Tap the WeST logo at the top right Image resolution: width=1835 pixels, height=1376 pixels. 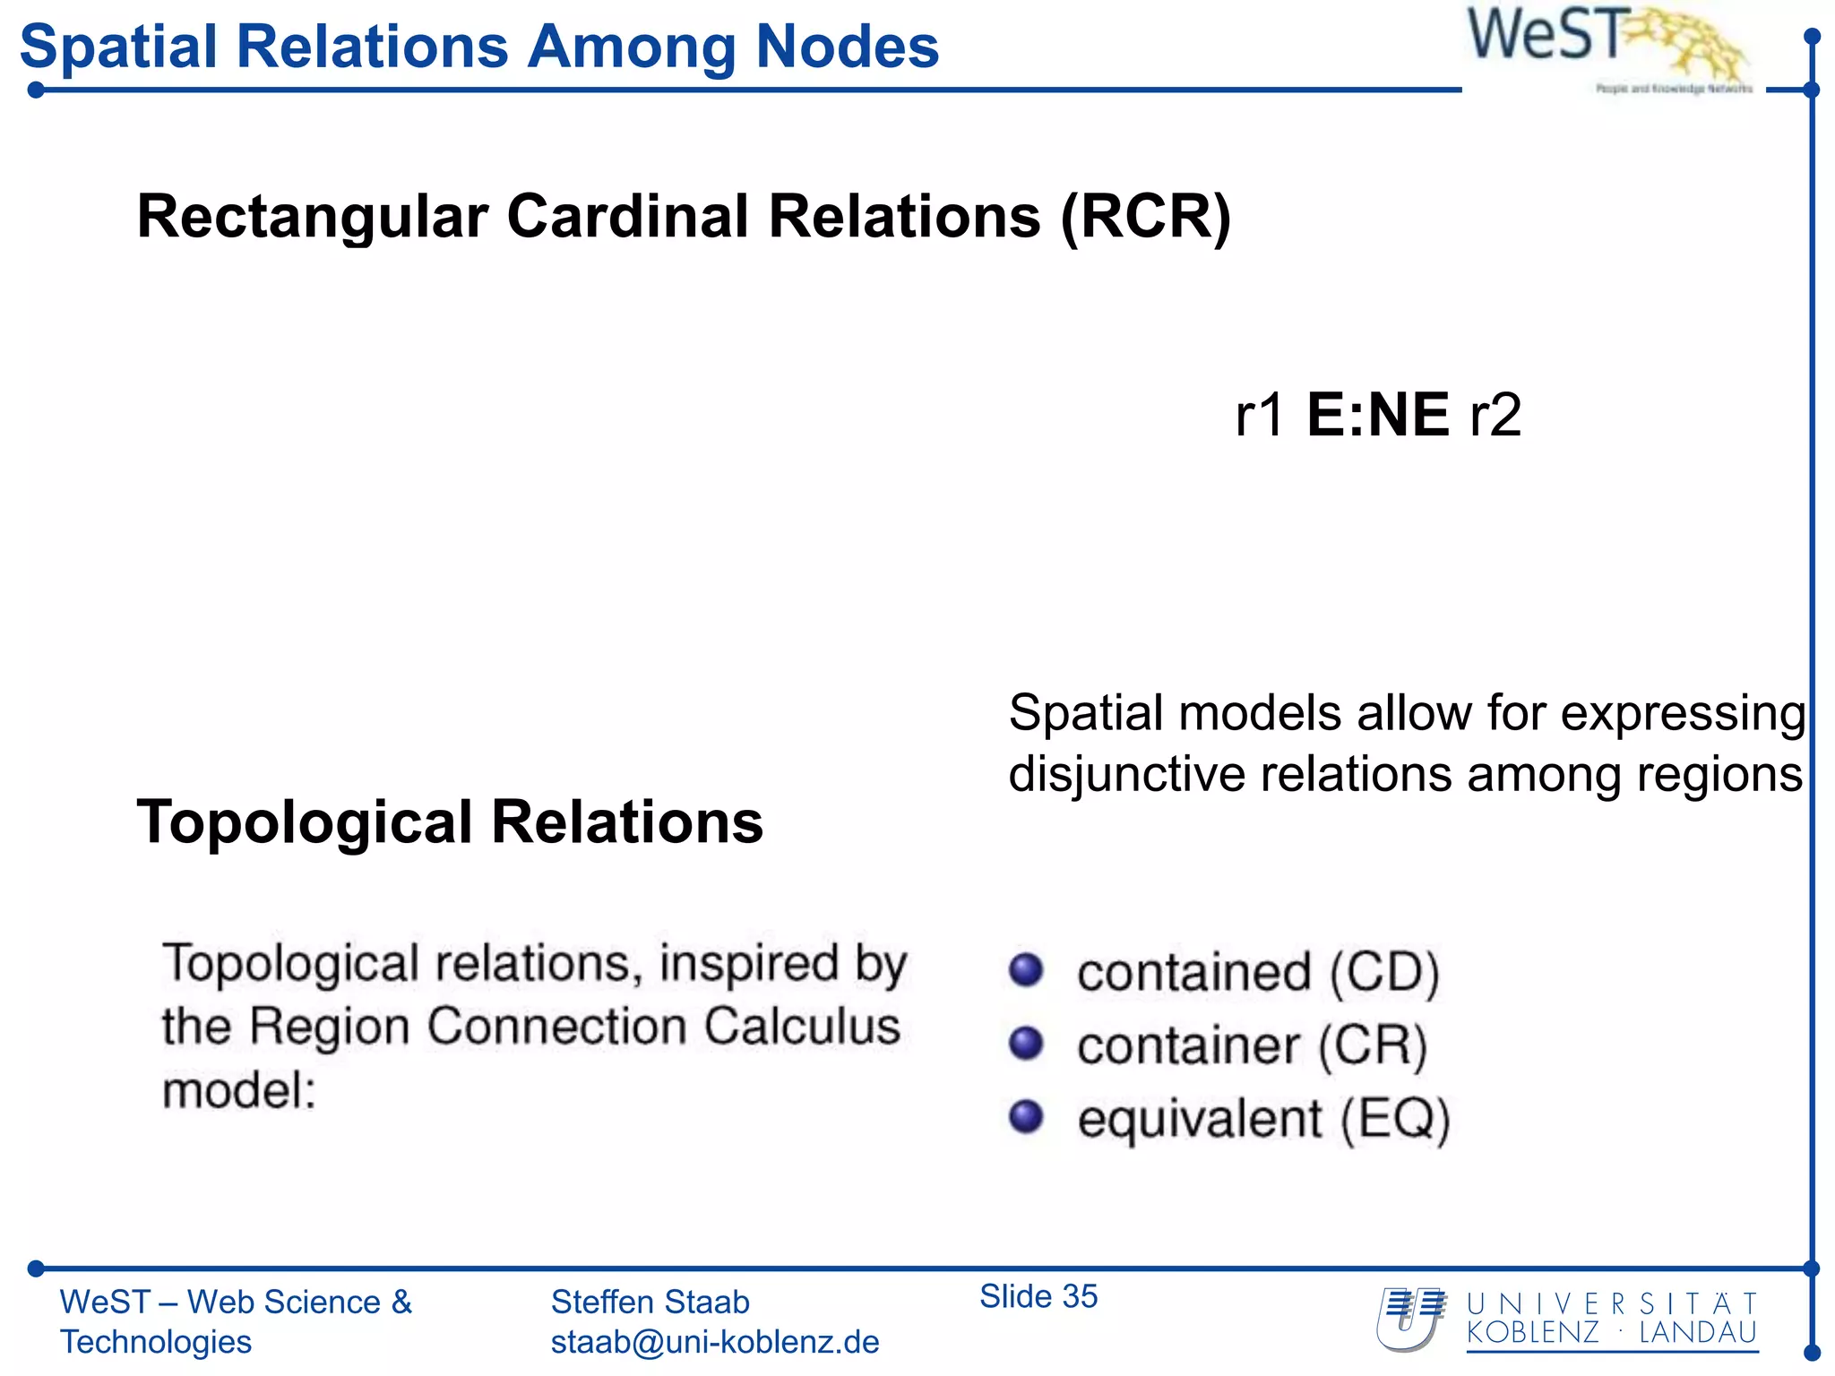[x=1604, y=45]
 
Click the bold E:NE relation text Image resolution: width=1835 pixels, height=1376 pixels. [x=1377, y=416]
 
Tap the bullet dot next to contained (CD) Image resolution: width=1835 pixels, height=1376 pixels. [x=1026, y=970]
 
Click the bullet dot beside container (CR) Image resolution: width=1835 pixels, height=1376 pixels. [x=1026, y=1044]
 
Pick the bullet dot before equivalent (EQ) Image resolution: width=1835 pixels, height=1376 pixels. [x=1026, y=1117]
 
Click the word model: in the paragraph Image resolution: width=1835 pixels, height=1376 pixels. [x=239, y=1092]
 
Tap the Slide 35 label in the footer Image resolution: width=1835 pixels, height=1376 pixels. [x=1038, y=1296]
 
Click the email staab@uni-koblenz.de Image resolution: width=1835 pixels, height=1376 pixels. [x=714, y=1342]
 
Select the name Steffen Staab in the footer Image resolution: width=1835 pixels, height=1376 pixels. [x=650, y=1302]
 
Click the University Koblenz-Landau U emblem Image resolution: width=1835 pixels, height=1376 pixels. [x=1411, y=1320]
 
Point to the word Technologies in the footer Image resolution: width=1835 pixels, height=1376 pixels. [x=156, y=1342]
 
